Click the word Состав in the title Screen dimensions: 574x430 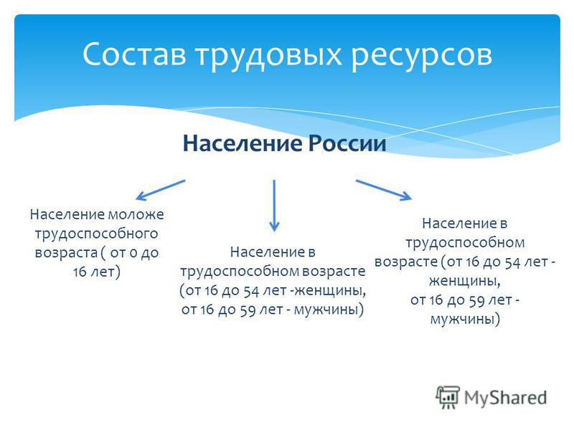(134, 54)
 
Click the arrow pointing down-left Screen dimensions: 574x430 (160, 190)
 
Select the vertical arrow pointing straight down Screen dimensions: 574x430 (274, 206)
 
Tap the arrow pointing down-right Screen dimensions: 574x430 (384, 190)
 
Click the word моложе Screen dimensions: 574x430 (136, 214)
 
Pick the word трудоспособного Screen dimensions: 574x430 (96, 234)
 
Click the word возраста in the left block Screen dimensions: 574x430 (66, 253)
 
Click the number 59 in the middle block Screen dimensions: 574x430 (248, 310)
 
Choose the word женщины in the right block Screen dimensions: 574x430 (464, 281)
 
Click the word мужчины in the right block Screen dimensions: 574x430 (464, 319)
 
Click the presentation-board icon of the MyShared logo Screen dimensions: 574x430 (448, 398)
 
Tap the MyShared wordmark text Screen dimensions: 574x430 (505, 398)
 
